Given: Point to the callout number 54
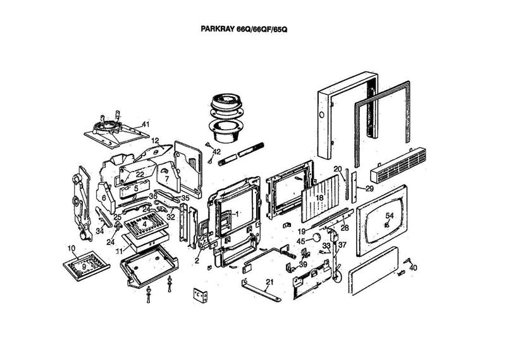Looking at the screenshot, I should click(390, 216).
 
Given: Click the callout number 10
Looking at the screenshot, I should click(71, 247).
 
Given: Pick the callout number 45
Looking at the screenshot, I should click(301, 240).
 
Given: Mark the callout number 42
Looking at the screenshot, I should click(216, 152).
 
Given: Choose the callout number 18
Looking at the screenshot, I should click(320, 198).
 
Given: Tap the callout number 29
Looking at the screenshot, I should click(370, 189).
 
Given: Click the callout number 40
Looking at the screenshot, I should click(414, 268).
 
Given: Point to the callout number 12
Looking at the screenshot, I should click(155, 140).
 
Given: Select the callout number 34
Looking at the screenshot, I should click(100, 231).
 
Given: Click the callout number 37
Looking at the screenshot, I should click(342, 245).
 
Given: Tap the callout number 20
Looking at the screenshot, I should click(337, 169).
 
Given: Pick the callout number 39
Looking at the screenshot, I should click(303, 264).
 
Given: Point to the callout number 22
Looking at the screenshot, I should click(140, 175).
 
